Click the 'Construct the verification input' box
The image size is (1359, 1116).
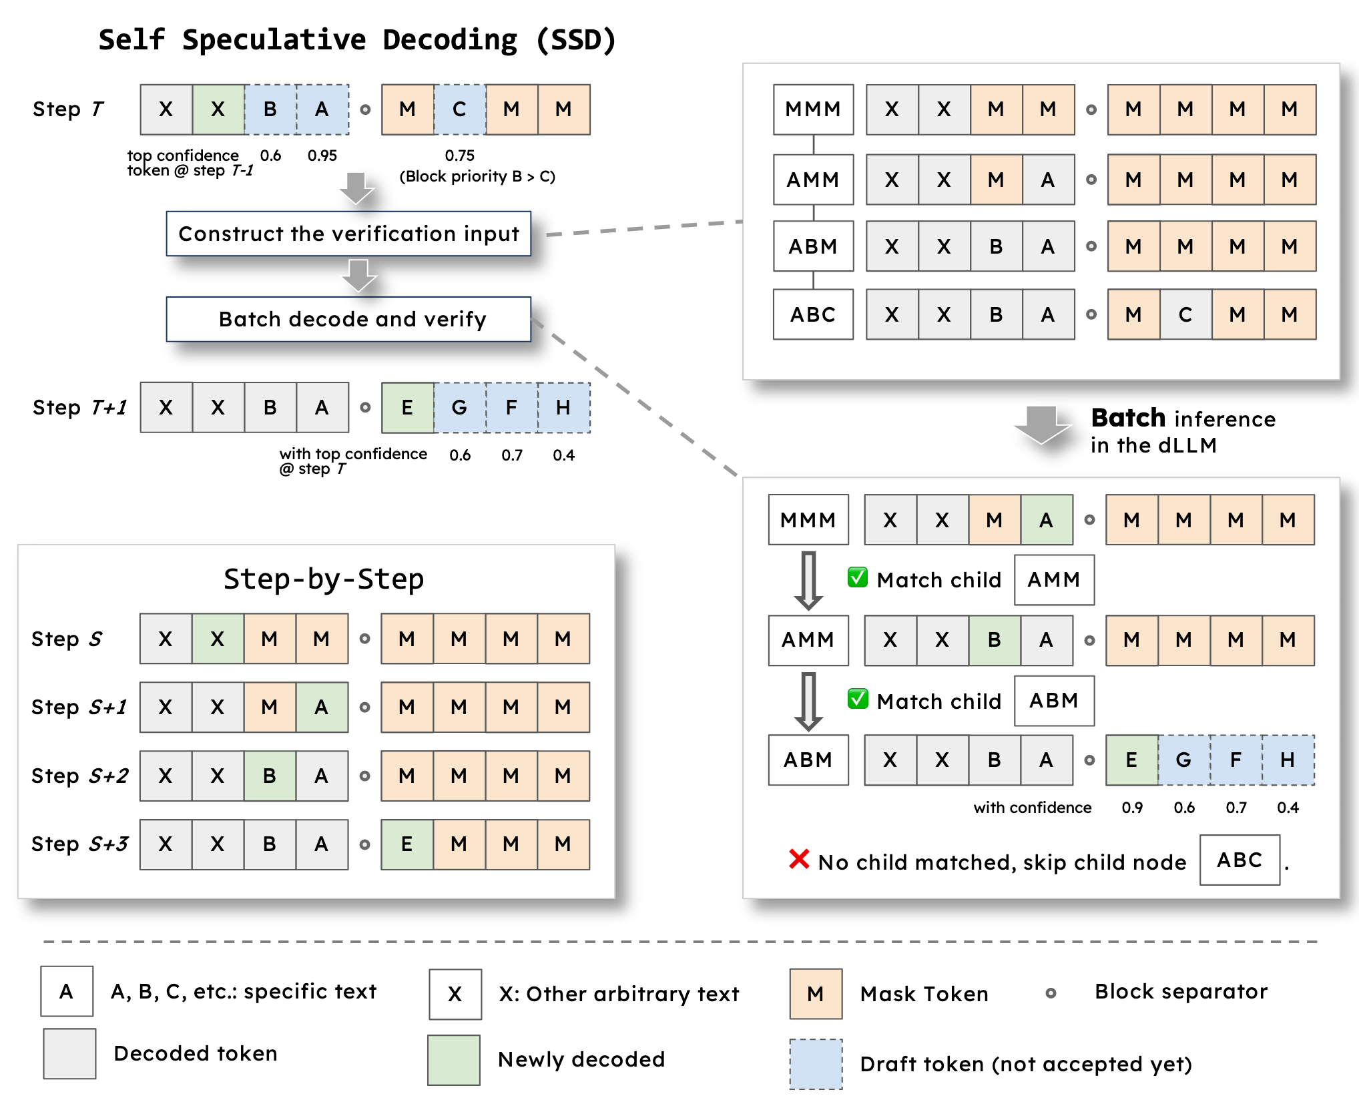tap(348, 234)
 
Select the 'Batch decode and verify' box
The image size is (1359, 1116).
tap(348, 319)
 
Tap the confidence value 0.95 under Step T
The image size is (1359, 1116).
tap(322, 156)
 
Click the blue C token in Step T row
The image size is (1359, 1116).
tap(459, 109)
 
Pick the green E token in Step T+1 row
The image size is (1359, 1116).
tap(407, 407)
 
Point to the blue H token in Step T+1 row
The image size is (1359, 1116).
tap(563, 407)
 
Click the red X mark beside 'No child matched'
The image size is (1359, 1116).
tap(799, 859)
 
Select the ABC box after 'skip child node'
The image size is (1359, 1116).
tap(1240, 860)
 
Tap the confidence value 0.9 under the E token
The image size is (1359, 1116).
tap(1132, 808)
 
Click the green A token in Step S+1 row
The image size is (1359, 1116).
tap(322, 707)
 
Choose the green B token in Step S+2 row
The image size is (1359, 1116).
tap(270, 776)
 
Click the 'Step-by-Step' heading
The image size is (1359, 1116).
tap(324, 579)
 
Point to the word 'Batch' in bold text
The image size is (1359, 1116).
tap(1128, 418)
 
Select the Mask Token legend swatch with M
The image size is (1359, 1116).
tap(816, 994)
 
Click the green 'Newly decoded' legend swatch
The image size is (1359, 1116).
tap(454, 1060)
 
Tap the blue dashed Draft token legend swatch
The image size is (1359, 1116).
tap(816, 1064)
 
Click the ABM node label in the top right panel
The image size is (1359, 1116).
tap(813, 246)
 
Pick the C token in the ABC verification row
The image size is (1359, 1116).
tap(1185, 314)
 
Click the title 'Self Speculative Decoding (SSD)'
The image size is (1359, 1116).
tap(357, 40)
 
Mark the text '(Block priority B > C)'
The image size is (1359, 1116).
tap(477, 176)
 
